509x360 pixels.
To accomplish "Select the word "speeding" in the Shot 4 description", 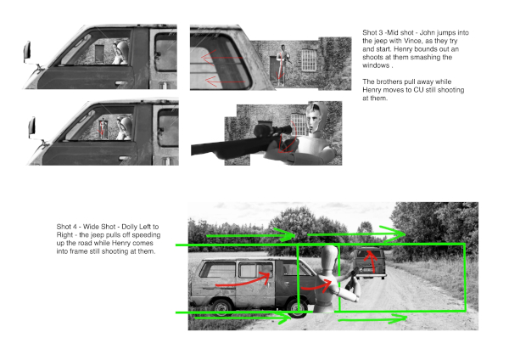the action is click(x=147, y=235).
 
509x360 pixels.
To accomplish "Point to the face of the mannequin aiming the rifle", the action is click(x=314, y=119).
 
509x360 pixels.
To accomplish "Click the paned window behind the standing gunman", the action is click(x=309, y=59).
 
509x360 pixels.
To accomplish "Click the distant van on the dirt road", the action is click(x=369, y=262).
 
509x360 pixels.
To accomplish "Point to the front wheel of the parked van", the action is click(x=299, y=309).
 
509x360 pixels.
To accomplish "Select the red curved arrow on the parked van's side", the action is click(x=243, y=281).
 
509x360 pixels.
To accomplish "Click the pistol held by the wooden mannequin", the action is click(x=351, y=279).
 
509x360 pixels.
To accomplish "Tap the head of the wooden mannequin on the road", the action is click(x=329, y=256).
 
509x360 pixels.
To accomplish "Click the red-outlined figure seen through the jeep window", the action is click(x=103, y=127).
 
